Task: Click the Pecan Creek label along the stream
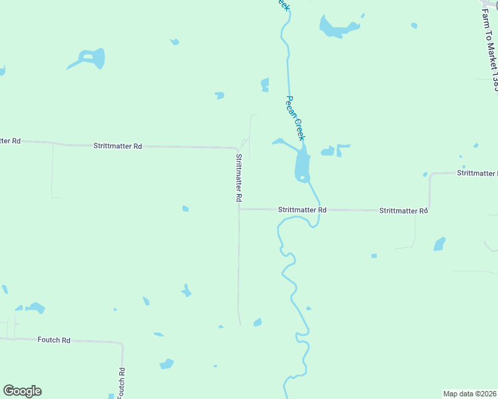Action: point(294,118)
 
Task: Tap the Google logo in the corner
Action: point(23,391)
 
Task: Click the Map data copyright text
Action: point(470,393)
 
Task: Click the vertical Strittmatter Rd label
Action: point(238,178)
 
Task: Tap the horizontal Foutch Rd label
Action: point(54,340)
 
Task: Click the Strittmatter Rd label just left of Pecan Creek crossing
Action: point(302,209)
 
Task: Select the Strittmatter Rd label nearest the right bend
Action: point(403,211)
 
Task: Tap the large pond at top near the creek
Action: point(336,28)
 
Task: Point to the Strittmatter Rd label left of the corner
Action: point(118,146)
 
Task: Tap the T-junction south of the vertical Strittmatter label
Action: point(239,209)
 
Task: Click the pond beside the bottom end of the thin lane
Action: point(258,323)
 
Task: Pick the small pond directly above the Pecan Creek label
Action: point(265,84)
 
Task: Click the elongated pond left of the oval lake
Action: point(281,142)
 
